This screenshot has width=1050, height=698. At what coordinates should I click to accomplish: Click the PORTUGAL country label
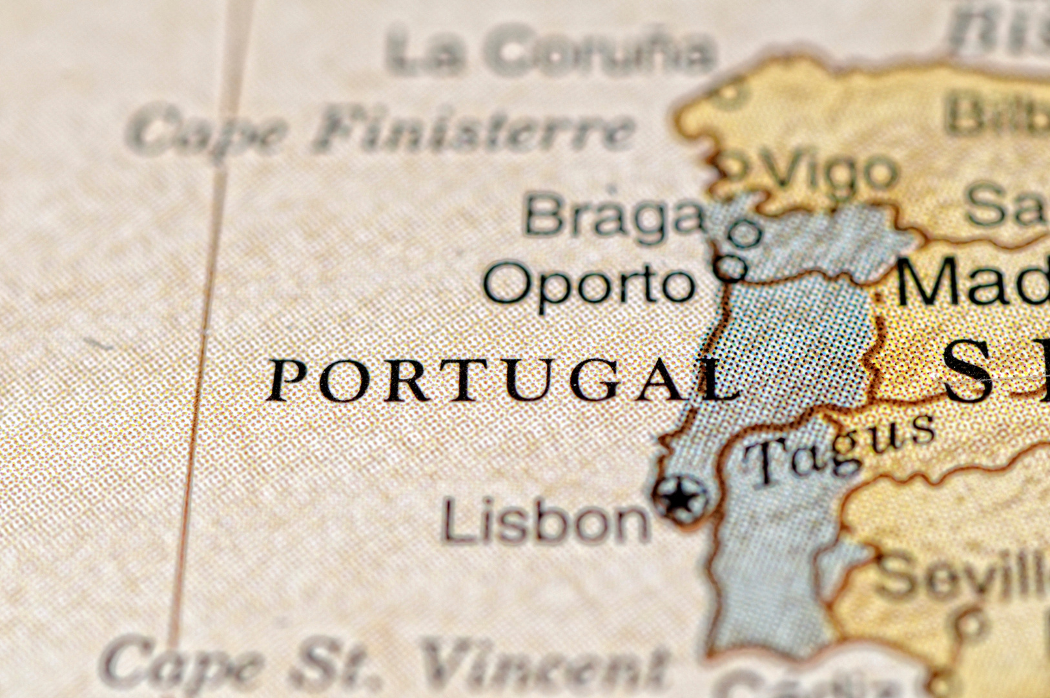(x=504, y=380)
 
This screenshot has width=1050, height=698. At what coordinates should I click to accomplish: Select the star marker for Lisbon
(x=681, y=498)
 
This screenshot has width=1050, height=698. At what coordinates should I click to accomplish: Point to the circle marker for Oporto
(x=731, y=266)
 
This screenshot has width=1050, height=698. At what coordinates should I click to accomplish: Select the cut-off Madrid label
(x=972, y=281)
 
